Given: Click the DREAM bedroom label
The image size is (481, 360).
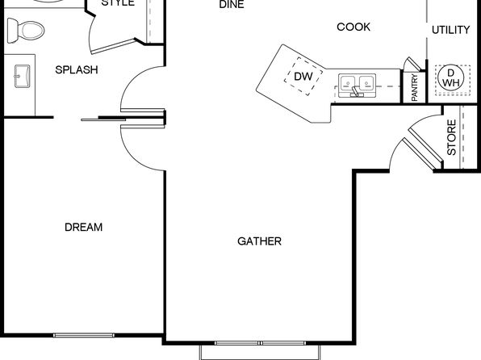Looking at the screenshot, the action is pyautogui.click(x=83, y=227).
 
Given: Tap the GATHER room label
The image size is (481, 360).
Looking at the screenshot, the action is pyautogui.click(x=259, y=241).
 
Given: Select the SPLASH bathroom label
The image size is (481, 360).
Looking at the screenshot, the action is pyautogui.click(x=77, y=70).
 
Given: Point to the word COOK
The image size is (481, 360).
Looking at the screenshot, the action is pyautogui.click(x=353, y=27).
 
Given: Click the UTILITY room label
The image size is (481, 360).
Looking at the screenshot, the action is pyautogui.click(x=450, y=30).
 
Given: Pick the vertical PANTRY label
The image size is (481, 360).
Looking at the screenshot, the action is pyautogui.click(x=415, y=87).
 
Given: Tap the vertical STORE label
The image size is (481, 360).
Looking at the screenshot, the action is pyautogui.click(x=452, y=137).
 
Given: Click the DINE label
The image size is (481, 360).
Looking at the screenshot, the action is pyautogui.click(x=232, y=4).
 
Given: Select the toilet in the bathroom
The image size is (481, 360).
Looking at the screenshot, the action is pyautogui.click(x=26, y=31).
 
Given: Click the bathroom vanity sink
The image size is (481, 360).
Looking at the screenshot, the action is pyautogui.click(x=22, y=76).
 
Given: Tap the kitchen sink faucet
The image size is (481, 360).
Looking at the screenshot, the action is pyautogui.click(x=356, y=91).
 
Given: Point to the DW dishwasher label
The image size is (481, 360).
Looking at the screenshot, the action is pyautogui.click(x=303, y=77).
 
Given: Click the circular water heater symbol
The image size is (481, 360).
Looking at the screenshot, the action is pyautogui.click(x=451, y=78).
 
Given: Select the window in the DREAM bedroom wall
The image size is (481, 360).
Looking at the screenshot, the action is pyautogui.click(x=84, y=335).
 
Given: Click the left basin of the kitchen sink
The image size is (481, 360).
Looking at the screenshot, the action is pyautogui.click(x=348, y=82).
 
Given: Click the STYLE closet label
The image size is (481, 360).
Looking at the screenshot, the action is pyautogui.click(x=118, y=3).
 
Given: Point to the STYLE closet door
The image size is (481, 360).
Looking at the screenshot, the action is pyautogui.click(x=113, y=46).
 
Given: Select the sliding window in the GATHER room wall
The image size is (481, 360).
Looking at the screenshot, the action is pyautogui.click(x=260, y=343).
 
